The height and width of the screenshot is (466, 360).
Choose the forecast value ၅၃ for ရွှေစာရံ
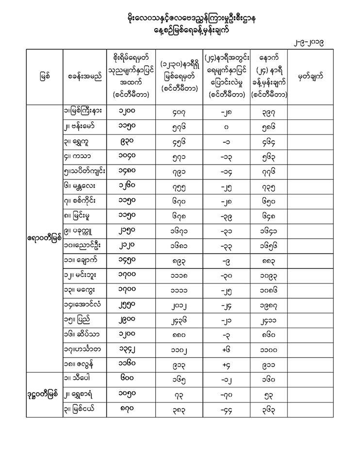(269, 394)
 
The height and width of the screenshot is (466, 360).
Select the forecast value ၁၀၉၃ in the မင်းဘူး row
(269, 275)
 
